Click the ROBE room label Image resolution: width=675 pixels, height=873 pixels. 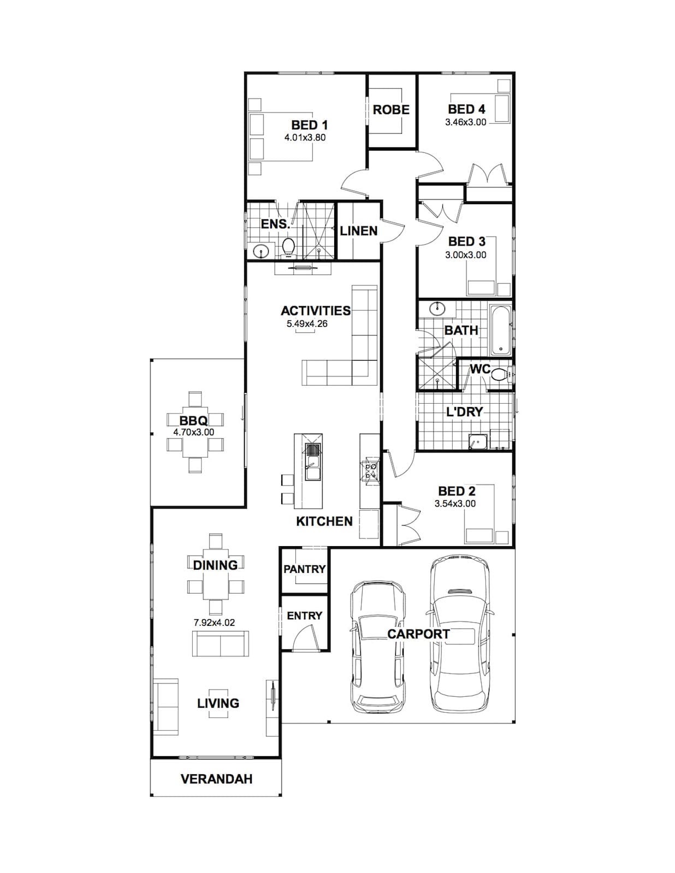[391, 110]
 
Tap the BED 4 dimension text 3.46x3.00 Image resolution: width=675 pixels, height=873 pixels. [465, 122]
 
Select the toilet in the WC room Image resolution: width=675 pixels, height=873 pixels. [500, 375]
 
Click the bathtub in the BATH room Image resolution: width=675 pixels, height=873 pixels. [501, 330]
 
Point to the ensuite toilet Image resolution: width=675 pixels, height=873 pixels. [288, 247]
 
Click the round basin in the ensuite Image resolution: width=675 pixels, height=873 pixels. [261, 251]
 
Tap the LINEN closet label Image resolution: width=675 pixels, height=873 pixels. [359, 231]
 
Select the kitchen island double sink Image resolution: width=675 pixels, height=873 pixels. [313, 462]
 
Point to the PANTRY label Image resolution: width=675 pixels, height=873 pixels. [304, 569]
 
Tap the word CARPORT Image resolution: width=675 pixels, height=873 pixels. [418, 635]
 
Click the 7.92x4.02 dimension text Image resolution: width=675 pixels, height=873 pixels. [214, 623]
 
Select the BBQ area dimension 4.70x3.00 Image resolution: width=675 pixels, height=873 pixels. [194, 432]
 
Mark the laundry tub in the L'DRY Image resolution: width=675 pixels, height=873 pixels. [478, 441]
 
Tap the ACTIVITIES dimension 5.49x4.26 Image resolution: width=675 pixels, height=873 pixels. [307, 324]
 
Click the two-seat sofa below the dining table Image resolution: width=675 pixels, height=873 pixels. [221, 643]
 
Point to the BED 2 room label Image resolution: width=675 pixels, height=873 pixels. [457, 491]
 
